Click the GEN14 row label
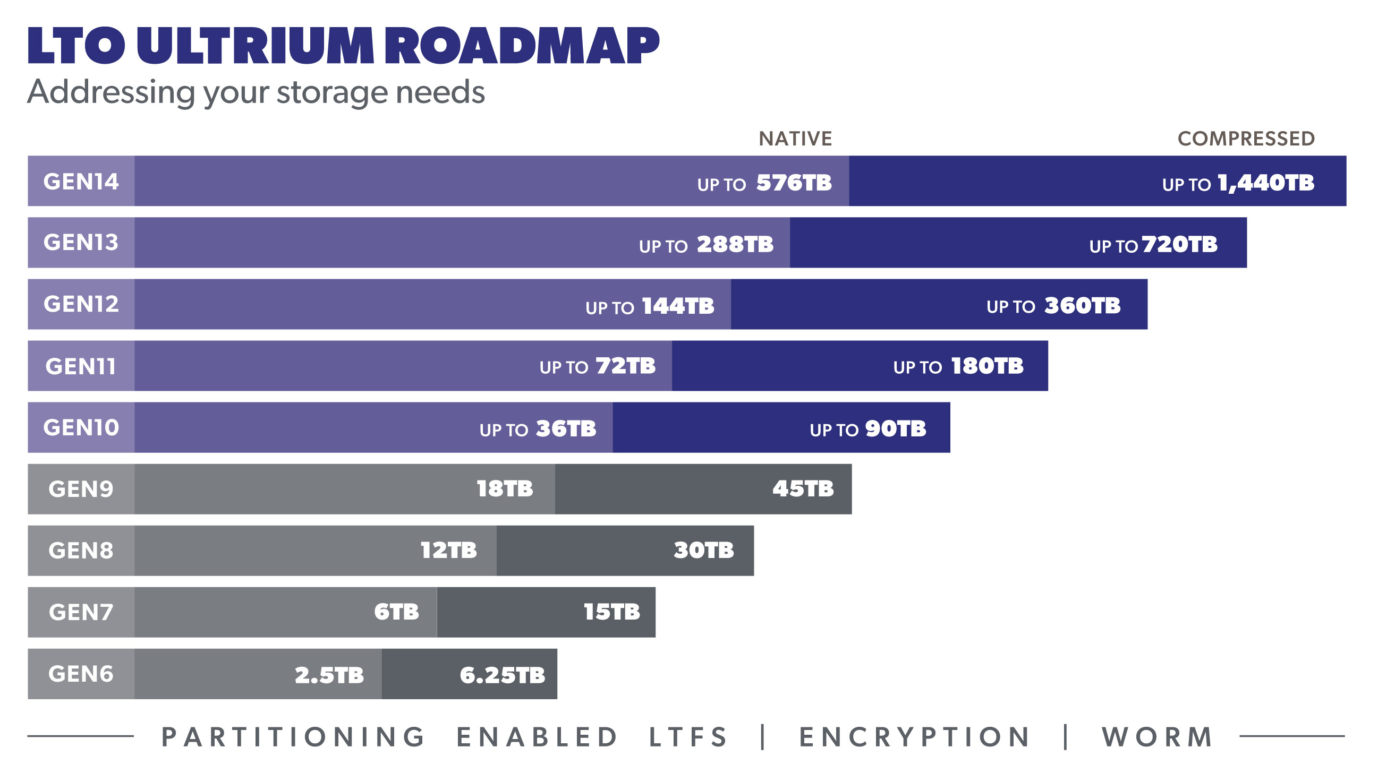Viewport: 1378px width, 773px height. pos(81,182)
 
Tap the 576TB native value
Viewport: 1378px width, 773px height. pos(794,183)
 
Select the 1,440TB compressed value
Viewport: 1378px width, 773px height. pos(1266,183)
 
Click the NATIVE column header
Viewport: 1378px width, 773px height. pos(795,139)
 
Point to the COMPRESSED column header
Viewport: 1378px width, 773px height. pos(1246,139)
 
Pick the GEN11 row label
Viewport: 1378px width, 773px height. pos(81,367)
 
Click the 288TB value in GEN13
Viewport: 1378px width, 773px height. pos(735,245)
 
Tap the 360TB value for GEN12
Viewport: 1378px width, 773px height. pos(1082,306)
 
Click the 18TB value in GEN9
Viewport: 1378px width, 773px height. pos(505,489)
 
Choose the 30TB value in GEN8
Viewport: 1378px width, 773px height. pos(703,551)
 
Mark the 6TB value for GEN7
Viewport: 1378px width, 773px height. pos(396,612)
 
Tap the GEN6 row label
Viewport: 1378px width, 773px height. pos(81,674)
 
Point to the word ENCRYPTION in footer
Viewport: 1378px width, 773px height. pos(915,737)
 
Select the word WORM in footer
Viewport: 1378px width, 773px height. pos(1158,737)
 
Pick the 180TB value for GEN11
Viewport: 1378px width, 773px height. pos(987,367)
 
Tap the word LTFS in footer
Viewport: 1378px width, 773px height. pos(688,737)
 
